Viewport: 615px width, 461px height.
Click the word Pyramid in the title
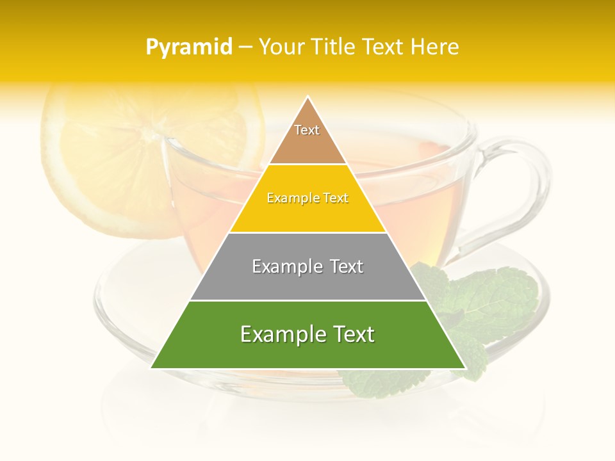[189, 47]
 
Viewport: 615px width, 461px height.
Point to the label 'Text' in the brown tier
[307, 130]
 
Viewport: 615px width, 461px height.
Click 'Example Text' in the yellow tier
[307, 198]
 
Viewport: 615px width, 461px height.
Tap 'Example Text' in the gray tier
[307, 266]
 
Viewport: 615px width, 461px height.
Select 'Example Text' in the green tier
[307, 334]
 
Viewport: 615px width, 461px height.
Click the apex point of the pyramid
[308, 97]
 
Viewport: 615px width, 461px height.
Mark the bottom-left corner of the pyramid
[151, 368]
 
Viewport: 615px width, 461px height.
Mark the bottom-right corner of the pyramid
[465, 368]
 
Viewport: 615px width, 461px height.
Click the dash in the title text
[245, 47]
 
